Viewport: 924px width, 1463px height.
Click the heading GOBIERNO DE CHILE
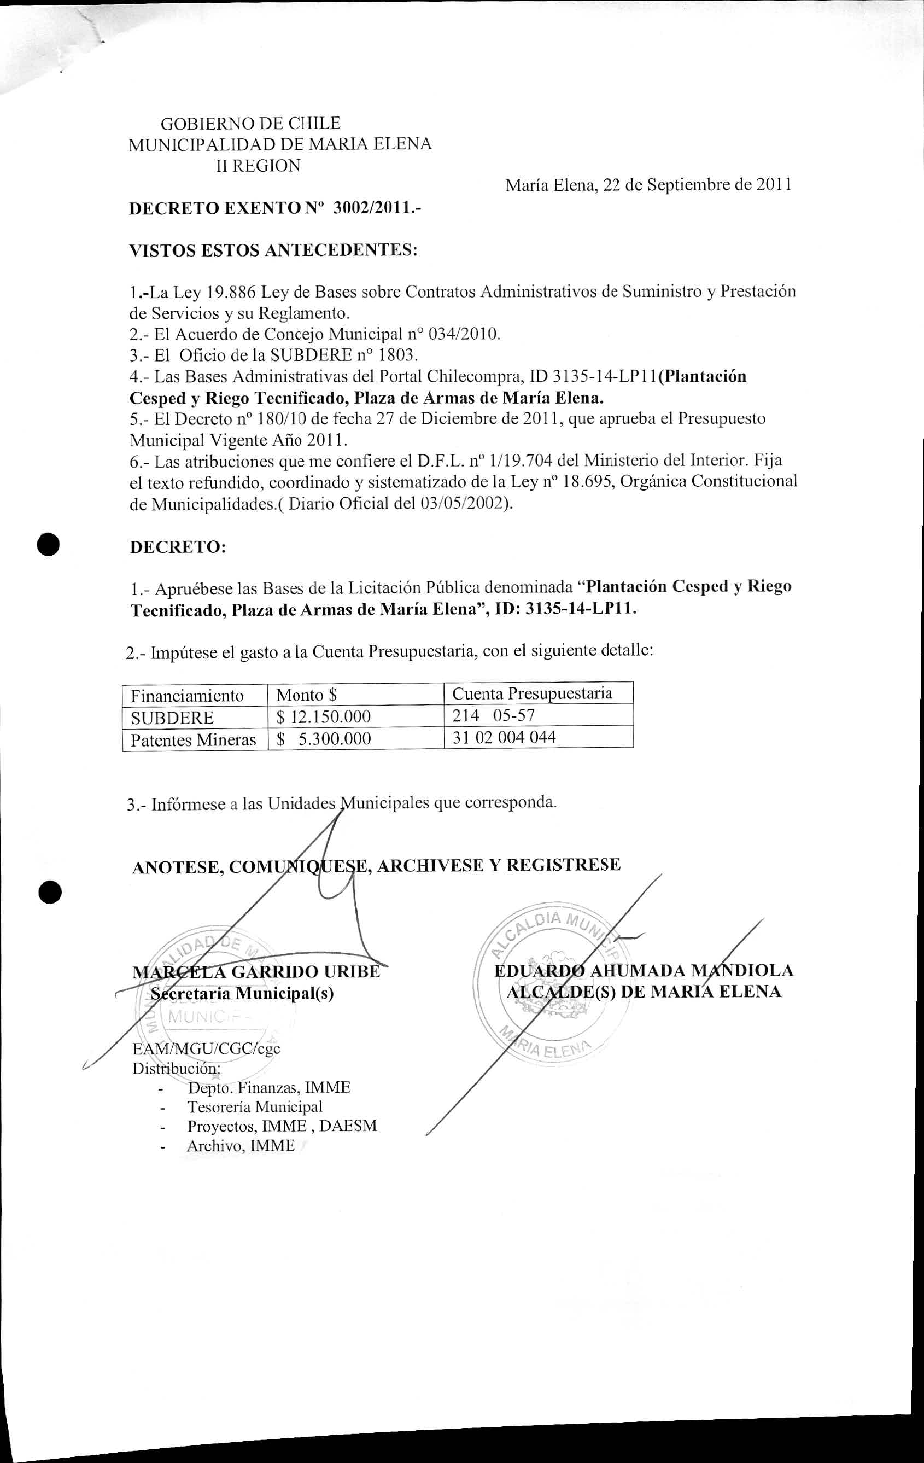[250, 124]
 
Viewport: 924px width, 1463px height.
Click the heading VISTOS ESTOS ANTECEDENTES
[273, 250]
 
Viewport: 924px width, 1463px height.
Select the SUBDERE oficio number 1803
[399, 355]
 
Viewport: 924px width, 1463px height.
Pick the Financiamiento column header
[187, 695]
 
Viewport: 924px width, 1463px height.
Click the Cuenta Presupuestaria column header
[532, 693]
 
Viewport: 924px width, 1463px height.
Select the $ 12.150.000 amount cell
[323, 717]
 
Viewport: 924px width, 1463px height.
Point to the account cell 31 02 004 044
[504, 738]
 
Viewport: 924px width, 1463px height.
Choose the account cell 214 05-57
[493, 715]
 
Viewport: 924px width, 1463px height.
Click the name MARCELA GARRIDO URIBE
[256, 971]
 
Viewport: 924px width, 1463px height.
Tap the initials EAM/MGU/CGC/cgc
[207, 1048]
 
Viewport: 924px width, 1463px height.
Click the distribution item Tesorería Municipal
[255, 1107]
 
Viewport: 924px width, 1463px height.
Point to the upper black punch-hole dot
[48, 544]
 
